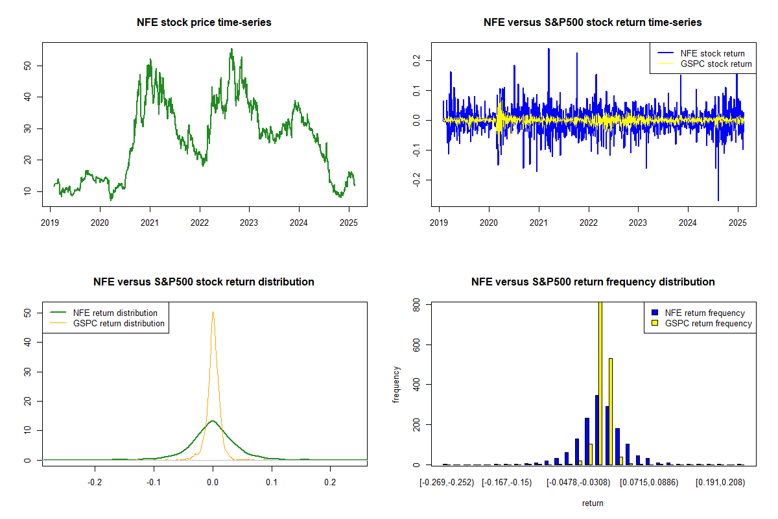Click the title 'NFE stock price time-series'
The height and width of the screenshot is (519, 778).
[x=204, y=23]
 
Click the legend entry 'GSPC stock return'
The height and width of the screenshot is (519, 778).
[x=716, y=64]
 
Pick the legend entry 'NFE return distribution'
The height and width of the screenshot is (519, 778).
[x=115, y=313]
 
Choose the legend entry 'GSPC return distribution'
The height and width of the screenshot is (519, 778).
[x=119, y=323]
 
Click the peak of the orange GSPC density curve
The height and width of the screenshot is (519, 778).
[x=213, y=312]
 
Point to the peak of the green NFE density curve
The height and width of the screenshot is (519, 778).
[x=213, y=421]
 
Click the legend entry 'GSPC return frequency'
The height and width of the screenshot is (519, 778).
[x=708, y=323]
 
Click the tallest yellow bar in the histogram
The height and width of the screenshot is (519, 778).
[x=600, y=383]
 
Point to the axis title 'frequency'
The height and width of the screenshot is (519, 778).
[x=397, y=384]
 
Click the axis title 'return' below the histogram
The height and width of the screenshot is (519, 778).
[x=593, y=503]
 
